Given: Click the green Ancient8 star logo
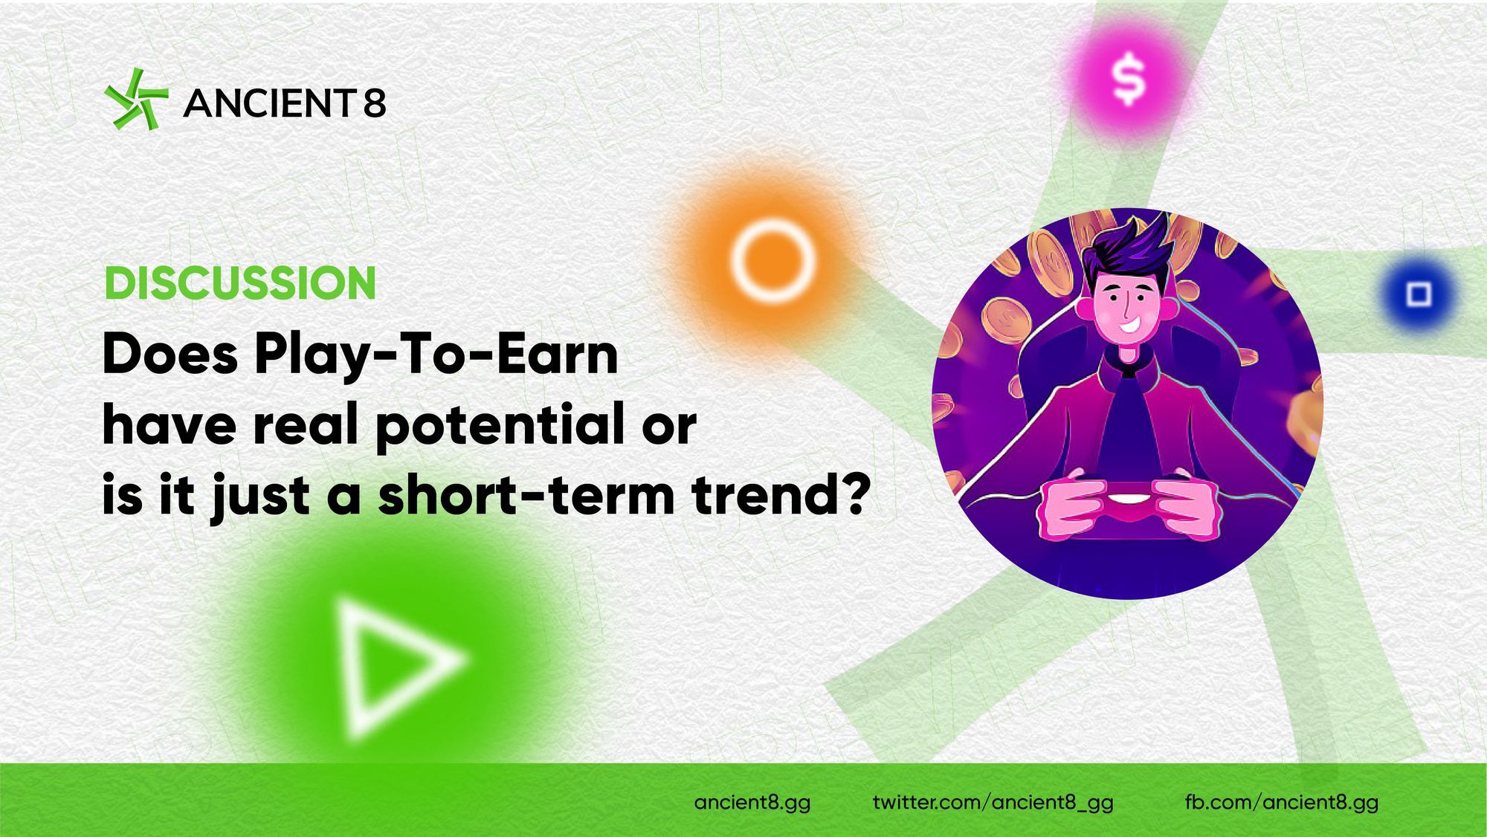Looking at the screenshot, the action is (136, 100).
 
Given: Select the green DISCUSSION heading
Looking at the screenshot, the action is (240, 283).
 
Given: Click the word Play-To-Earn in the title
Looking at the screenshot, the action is (436, 356).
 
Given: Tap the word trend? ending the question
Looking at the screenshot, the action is (780, 494).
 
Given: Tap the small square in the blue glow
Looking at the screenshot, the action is (1419, 294).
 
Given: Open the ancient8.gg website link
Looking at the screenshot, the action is (752, 803).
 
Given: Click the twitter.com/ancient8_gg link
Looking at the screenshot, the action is (993, 803).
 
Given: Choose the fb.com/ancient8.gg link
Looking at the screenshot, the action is (1282, 803).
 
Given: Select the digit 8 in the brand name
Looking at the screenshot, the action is (375, 103).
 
